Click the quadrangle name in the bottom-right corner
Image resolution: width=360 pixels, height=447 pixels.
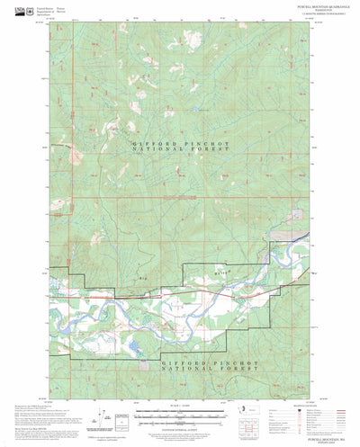pos(301,430)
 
